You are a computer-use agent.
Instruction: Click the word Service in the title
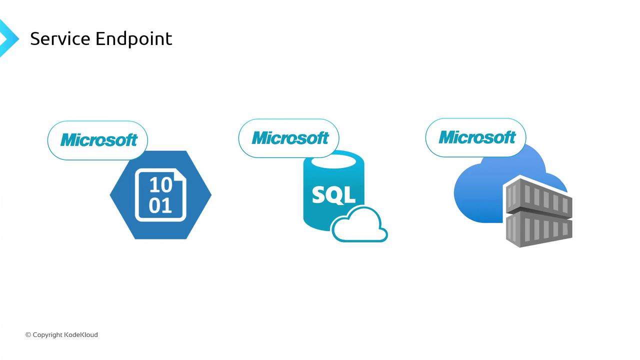point(60,38)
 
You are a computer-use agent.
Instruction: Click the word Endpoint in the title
point(133,39)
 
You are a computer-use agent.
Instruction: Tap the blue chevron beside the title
point(9,38)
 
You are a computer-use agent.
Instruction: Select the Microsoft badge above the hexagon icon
point(97,140)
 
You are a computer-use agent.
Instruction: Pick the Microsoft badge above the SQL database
point(289,138)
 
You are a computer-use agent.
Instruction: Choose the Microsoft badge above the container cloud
point(475,137)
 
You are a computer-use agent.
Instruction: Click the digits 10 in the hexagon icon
point(161,185)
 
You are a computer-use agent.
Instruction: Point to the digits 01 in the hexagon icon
point(160,205)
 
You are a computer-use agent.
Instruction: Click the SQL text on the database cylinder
point(333,195)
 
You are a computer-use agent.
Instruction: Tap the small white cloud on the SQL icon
point(359,224)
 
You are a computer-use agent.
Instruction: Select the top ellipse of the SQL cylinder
point(333,161)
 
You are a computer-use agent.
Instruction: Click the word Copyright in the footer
point(47,335)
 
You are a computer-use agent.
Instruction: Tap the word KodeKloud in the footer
point(81,334)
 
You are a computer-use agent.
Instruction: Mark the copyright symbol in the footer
point(28,335)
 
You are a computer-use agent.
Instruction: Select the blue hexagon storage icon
point(160,195)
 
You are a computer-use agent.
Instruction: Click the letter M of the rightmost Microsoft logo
point(447,137)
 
